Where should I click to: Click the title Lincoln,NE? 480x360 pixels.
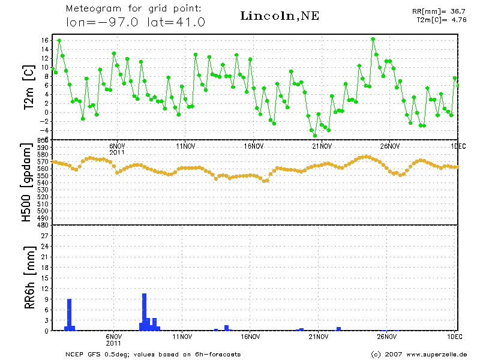tap(279, 16)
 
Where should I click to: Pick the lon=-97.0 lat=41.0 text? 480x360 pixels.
tap(136, 22)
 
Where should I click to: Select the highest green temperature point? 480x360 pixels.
tap(373, 39)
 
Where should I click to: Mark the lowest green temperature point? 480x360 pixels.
tap(314, 136)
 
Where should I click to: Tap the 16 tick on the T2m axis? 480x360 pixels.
tap(45, 40)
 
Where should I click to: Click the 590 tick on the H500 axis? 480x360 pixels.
tap(43, 148)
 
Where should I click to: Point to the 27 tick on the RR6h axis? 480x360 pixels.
tap(44, 236)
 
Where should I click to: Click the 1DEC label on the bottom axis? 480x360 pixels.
tap(455, 337)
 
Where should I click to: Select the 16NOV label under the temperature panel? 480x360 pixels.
tap(254, 146)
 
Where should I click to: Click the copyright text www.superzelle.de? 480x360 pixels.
tap(420, 354)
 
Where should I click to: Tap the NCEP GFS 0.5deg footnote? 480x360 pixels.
tap(153, 354)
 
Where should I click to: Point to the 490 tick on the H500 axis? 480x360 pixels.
tap(43, 218)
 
